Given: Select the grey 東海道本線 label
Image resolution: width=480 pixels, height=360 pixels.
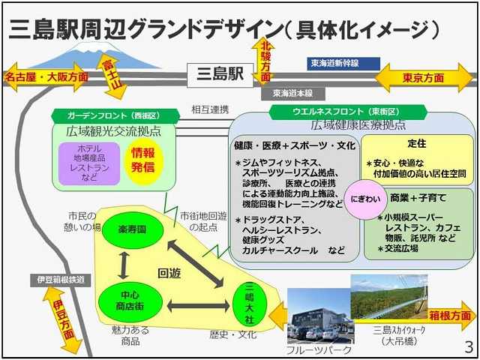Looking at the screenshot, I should [x=292, y=94].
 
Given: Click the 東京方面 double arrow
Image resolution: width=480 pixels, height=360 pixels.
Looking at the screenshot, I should [x=424, y=77].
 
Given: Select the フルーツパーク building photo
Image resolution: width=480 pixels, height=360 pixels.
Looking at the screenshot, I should [x=316, y=315].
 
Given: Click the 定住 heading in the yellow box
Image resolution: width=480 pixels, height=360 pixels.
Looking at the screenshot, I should [x=416, y=142].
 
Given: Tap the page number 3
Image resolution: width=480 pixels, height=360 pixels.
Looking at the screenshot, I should [x=469, y=347].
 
